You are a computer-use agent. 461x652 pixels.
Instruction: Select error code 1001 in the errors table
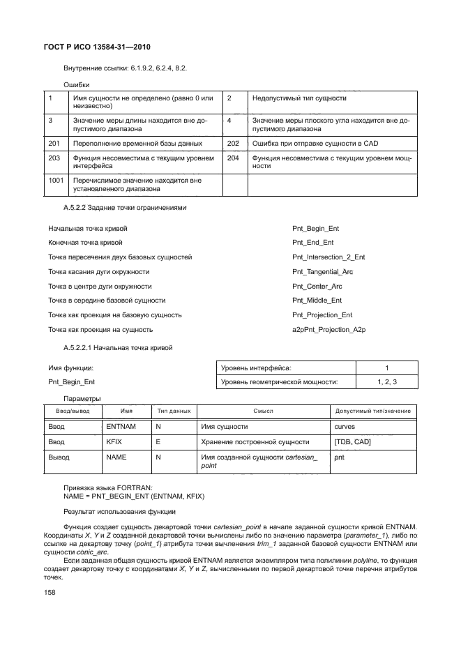(x=56, y=181)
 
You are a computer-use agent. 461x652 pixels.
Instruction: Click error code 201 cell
(x=54, y=144)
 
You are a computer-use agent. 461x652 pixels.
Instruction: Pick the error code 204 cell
(x=233, y=158)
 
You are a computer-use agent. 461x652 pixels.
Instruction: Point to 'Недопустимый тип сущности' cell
(x=299, y=98)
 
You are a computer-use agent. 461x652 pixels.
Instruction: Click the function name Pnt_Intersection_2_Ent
(x=328, y=257)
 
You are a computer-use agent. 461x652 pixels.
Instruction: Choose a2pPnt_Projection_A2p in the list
(x=329, y=330)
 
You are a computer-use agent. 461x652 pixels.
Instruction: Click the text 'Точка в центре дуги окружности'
(x=100, y=287)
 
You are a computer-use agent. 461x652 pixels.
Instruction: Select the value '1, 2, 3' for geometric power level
(x=386, y=381)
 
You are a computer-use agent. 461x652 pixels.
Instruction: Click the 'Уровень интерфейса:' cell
(x=256, y=367)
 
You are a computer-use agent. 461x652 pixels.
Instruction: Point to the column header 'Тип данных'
(x=174, y=411)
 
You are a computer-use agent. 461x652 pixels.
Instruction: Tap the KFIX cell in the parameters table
(x=114, y=441)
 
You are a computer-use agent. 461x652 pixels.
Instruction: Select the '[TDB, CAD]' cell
(x=353, y=441)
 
